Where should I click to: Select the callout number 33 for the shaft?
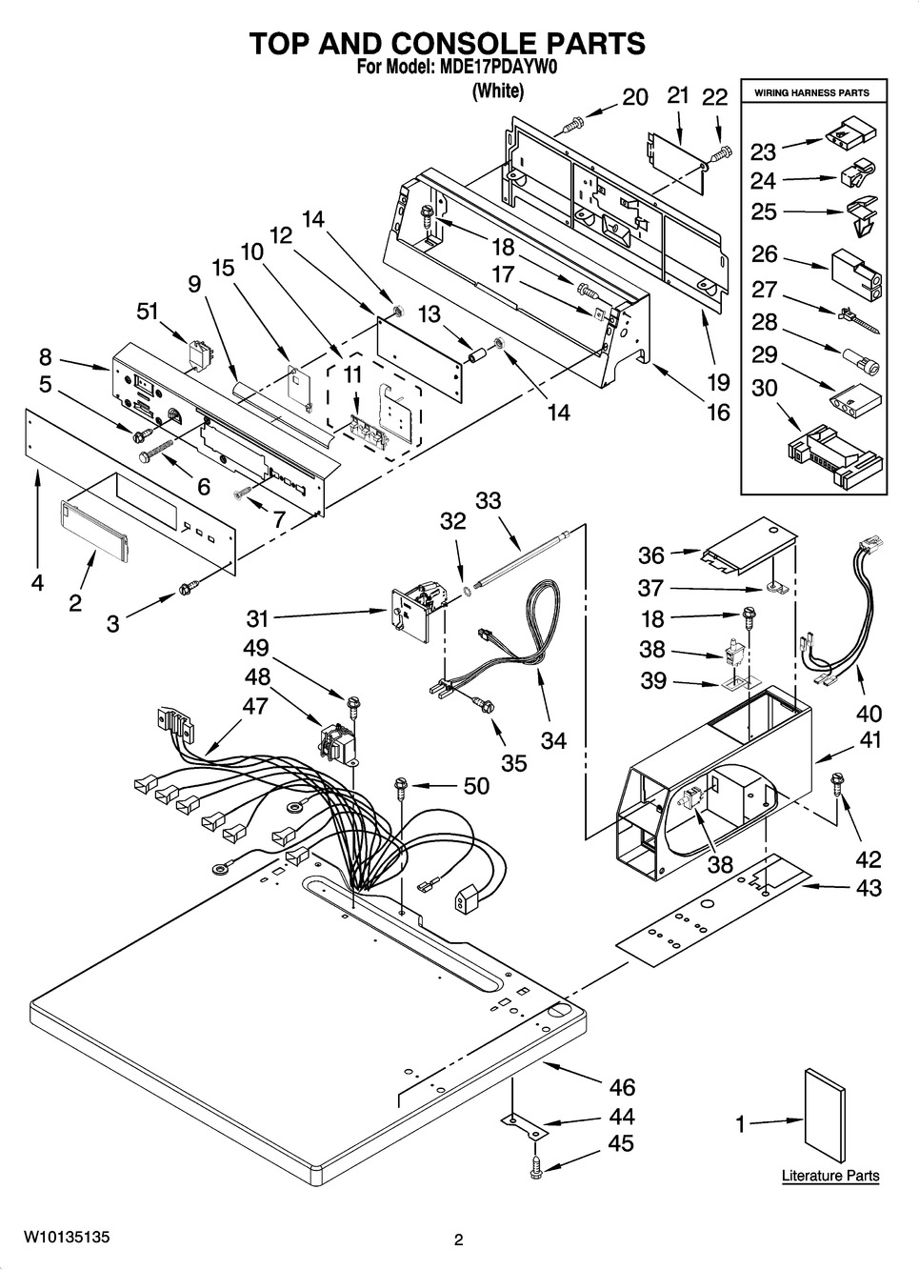click(488, 500)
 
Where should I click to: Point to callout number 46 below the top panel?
click(621, 1087)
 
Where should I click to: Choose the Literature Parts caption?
click(830, 1176)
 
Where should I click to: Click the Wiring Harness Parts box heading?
click(811, 93)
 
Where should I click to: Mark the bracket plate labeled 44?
click(525, 1126)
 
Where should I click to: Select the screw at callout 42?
click(837, 783)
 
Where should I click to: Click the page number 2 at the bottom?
click(458, 1240)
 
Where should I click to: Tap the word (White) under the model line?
click(498, 91)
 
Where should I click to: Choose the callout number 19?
click(719, 382)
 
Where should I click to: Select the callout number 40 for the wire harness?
click(869, 713)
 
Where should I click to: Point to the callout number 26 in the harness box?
click(764, 254)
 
